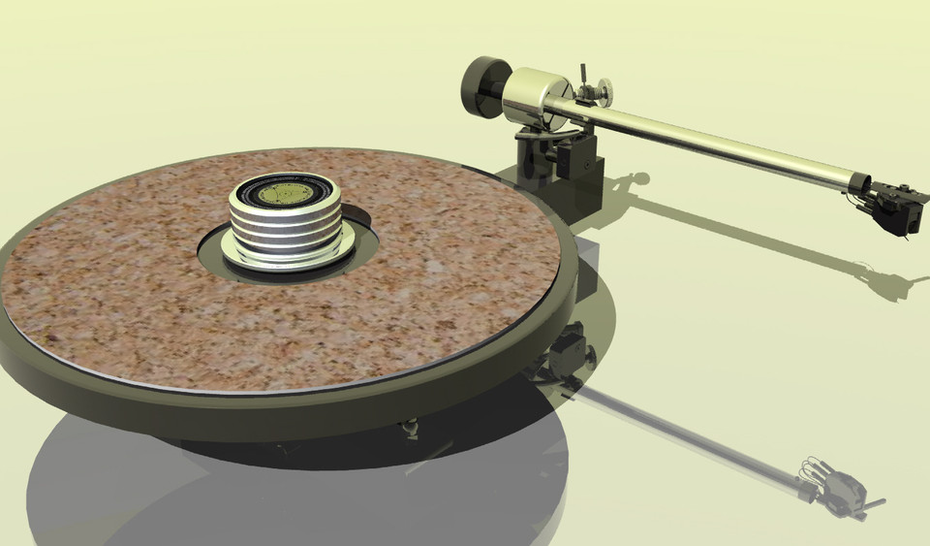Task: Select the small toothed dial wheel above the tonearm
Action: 607,94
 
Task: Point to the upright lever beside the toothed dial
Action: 585,79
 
